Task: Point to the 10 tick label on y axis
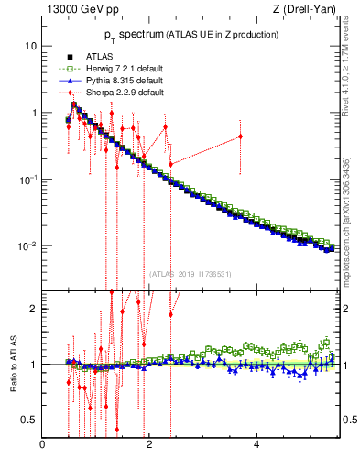(30, 46)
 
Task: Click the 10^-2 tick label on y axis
(27, 246)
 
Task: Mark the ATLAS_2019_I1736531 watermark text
(191, 273)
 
